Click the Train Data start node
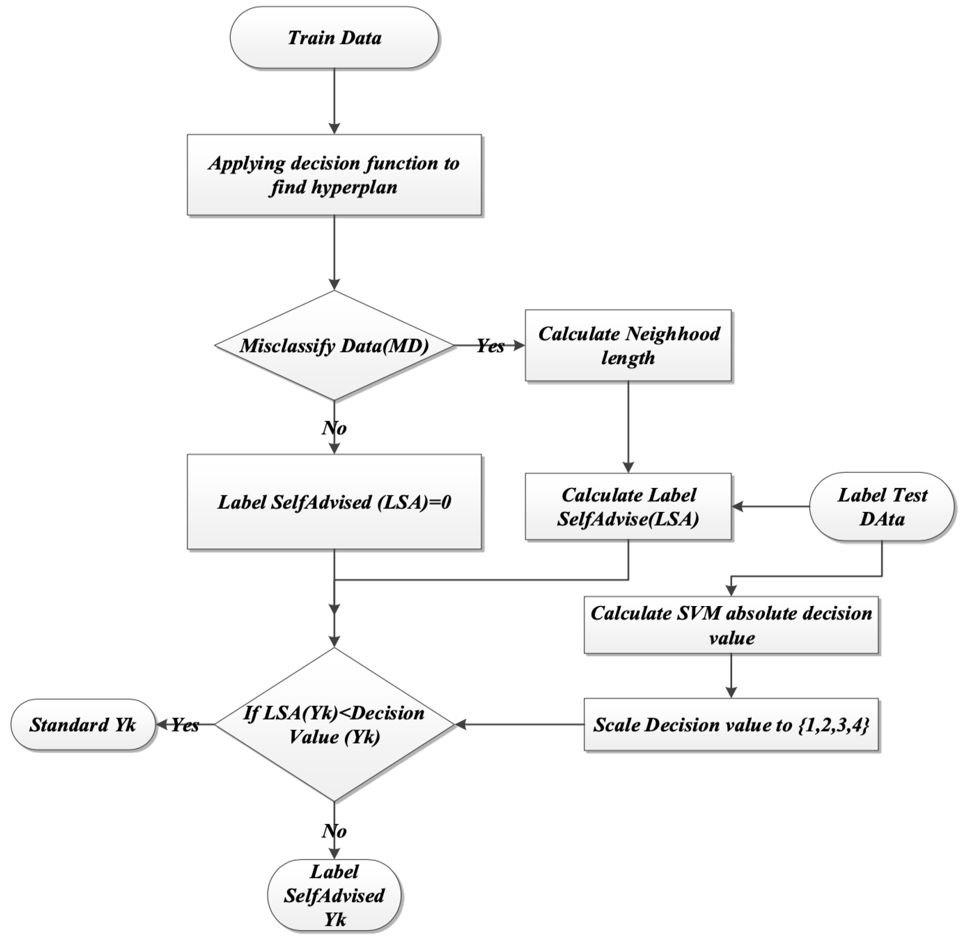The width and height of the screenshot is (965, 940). [335, 37]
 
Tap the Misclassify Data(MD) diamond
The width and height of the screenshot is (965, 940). [335, 346]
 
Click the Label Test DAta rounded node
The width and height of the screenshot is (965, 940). [882, 507]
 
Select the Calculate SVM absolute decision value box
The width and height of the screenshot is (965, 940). [731, 626]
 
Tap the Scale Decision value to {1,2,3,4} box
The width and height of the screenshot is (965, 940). [731, 725]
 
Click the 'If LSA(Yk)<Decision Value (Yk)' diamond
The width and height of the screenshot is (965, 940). [335, 725]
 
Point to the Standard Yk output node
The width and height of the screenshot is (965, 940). [83, 725]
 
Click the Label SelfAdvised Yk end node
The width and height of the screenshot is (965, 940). [335, 896]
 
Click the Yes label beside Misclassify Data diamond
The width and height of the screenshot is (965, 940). [491, 346]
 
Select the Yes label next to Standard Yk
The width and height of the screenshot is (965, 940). [185, 725]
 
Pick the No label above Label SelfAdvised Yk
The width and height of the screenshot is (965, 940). [335, 831]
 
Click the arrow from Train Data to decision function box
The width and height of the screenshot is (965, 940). [335, 101]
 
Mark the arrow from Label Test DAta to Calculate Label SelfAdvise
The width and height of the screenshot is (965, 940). [770, 507]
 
